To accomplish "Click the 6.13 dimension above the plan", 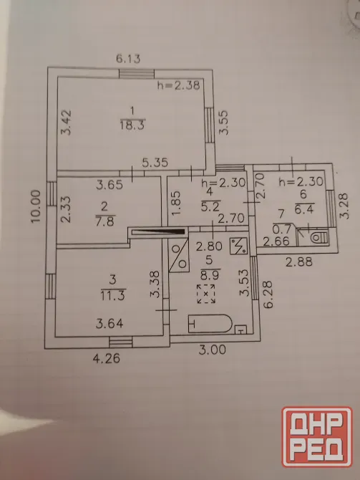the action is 128,58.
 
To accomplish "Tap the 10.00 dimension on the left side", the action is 36,206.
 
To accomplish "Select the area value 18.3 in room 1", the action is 132,125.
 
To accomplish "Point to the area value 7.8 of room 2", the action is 105,221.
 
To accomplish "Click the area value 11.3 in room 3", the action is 113,296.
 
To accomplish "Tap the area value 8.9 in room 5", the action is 210,274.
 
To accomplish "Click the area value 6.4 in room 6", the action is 304,209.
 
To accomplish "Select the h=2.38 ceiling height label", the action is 179,85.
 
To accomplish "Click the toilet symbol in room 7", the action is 318,237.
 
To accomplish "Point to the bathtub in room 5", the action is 210,323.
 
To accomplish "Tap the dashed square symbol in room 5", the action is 206,294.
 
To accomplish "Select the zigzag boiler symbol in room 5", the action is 238,246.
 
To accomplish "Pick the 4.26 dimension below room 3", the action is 107,358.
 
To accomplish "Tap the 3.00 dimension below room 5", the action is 213,350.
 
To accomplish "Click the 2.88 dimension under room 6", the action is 299,261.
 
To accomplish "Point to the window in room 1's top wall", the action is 137,74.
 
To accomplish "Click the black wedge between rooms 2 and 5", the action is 159,232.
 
